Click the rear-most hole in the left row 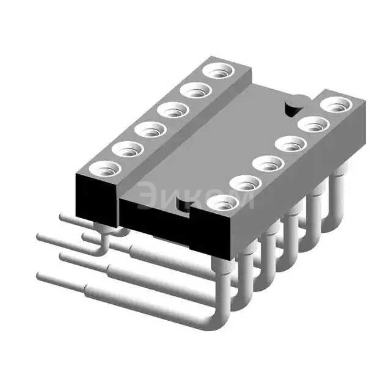click(x=219, y=71)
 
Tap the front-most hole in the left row click(x=105, y=169)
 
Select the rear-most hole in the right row click(x=336, y=104)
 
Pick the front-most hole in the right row click(x=222, y=202)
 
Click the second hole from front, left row click(x=128, y=149)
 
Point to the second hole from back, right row click(x=313, y=124)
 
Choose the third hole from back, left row click(x=173, y=110)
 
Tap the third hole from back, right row click(x=291, y=144)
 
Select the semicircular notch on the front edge click(x=183, y=204)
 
